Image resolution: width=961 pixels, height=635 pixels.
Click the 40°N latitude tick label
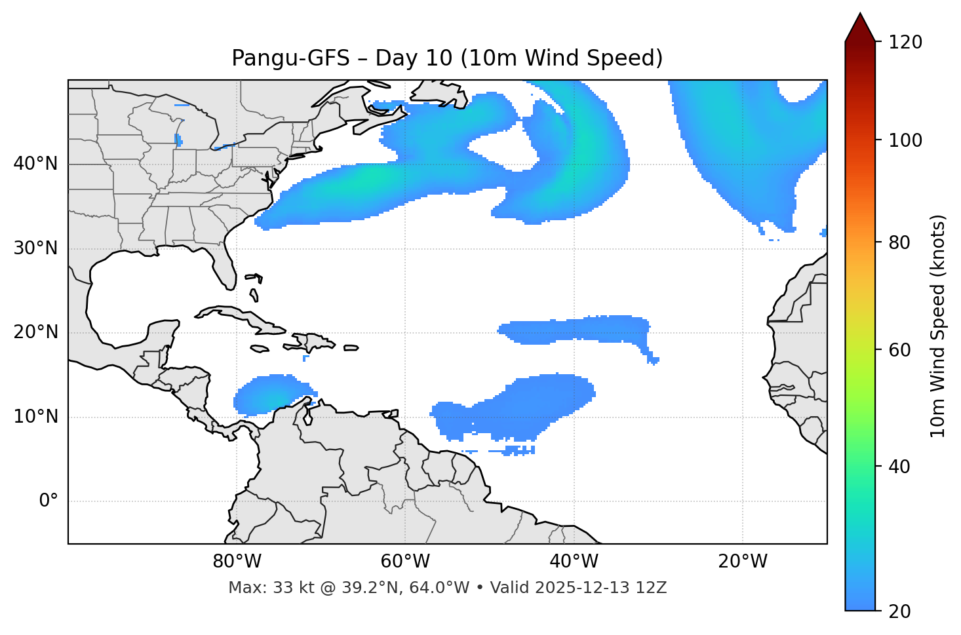click(35, 164)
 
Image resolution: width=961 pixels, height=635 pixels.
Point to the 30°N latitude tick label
click(35, 248)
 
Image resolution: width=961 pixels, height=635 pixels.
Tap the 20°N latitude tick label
click(35, 332)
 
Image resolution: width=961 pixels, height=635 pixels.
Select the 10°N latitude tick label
click(35, 417)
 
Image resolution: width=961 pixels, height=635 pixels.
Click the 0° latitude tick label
click(49, 501)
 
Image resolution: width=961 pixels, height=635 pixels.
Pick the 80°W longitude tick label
click(237, 562)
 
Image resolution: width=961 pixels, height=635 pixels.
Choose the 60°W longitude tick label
click(405, 562)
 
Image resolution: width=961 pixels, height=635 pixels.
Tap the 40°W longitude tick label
click(574, 562)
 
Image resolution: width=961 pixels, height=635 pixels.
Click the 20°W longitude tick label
click(743, 562)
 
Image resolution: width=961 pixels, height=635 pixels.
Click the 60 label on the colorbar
click(899, 350)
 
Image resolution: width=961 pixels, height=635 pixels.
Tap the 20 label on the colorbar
click(899, 611)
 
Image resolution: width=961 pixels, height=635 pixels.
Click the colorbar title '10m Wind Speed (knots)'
click(938, 326)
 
